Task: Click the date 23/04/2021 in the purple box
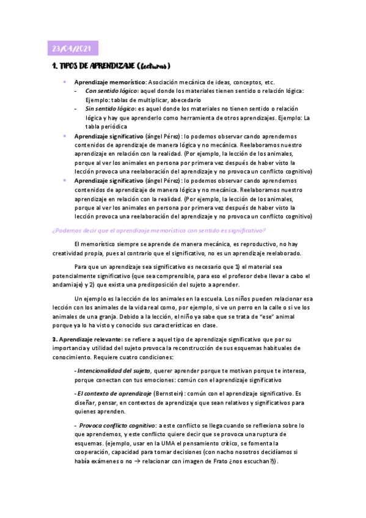click(72, 49)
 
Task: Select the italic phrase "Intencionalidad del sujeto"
click(114, 370)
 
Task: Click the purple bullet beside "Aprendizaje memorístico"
click(65, 82)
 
